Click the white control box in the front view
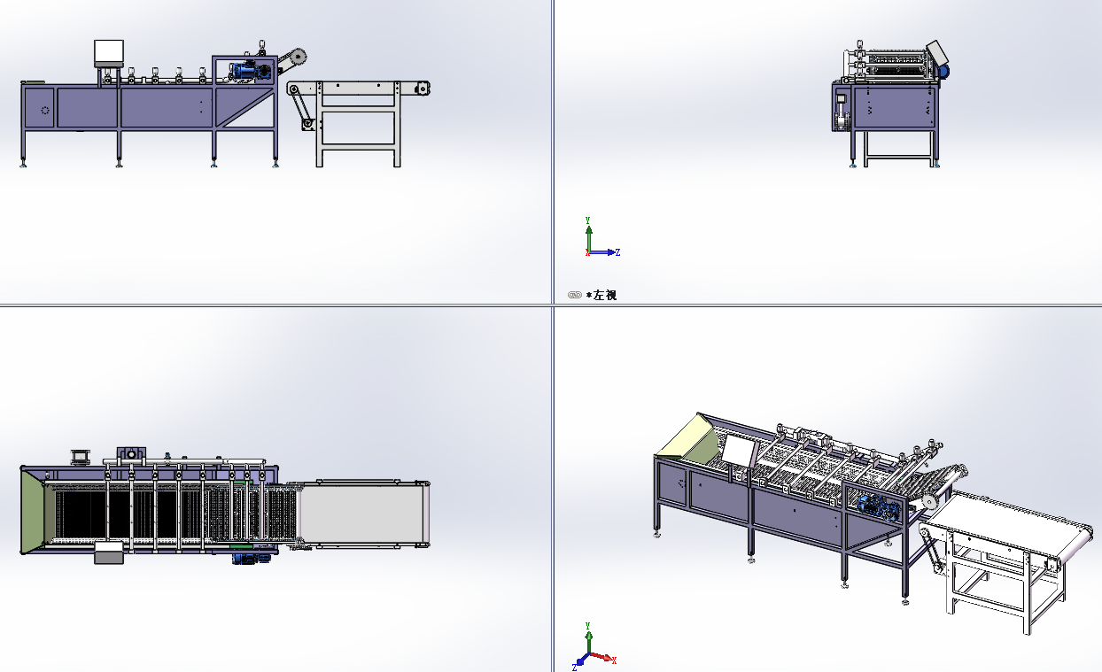(109, 51)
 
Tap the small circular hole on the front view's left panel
(45, 110)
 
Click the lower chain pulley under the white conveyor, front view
(308, 123)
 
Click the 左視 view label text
(605, 295)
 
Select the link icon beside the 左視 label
(575, 295)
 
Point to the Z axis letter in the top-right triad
(618, 252)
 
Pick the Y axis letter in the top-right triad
(587, 220)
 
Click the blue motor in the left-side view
(944, 72)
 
